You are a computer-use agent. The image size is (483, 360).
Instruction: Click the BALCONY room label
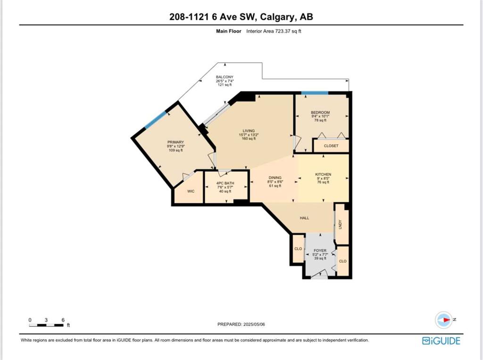coord(225,77)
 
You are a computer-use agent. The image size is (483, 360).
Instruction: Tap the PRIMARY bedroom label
coord(175,142)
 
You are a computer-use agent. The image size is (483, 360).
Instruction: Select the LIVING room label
coord(249,131)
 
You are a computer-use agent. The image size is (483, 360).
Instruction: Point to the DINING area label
coord(275,177)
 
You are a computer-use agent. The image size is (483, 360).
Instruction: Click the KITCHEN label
coord(323,175)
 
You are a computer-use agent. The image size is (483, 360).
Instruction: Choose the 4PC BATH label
coord(225,183)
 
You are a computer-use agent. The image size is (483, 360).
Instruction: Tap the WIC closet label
coord(191,192)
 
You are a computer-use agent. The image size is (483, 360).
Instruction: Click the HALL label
coord(304,218)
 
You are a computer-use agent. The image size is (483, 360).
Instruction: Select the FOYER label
coord(320,251)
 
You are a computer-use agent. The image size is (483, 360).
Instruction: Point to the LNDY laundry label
coord(341,224)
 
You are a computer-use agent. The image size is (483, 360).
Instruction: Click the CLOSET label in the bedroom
coord(331,146)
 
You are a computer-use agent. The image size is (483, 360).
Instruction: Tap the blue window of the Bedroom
coord(315,93)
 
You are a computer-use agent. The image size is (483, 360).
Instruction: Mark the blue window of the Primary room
coord(156,119)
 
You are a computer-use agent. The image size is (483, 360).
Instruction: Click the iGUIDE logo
coord(441,341)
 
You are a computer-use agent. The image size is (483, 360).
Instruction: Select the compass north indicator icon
coord(444,319)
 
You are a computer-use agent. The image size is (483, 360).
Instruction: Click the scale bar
coord(47,325)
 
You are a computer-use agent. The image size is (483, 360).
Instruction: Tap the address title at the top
coord(241,17)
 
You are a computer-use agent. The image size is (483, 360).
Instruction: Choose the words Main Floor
coord(229,31)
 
